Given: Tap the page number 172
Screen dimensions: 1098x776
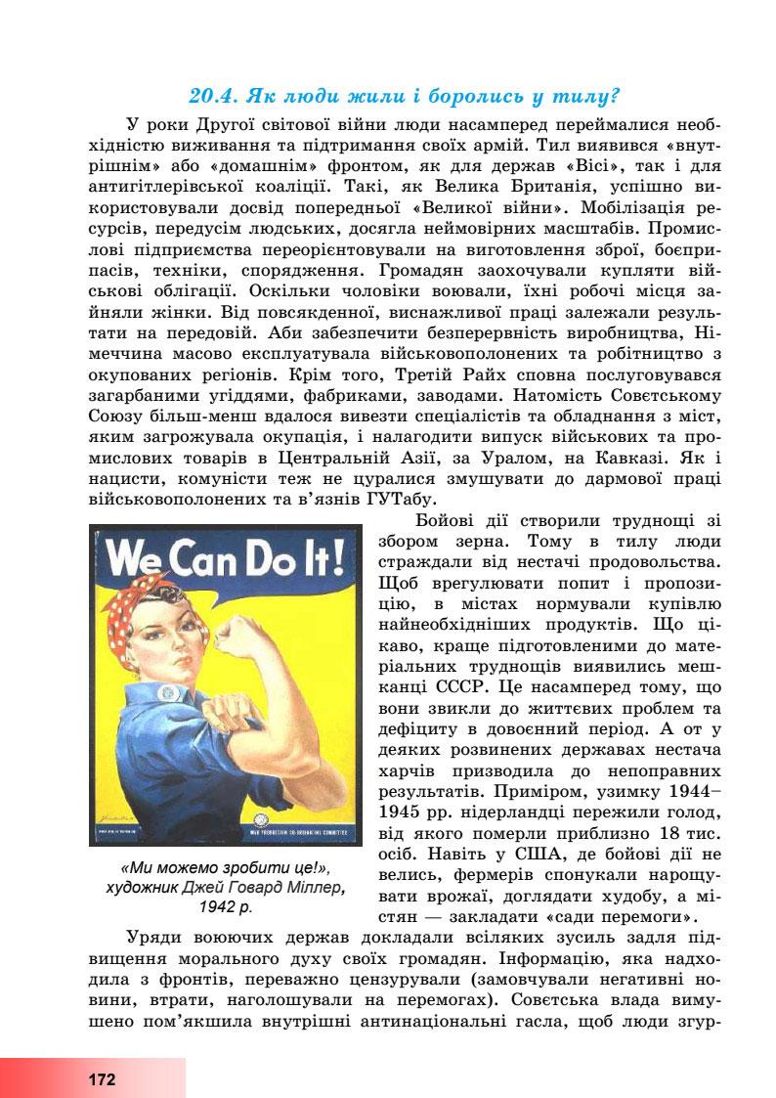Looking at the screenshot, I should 101,1079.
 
